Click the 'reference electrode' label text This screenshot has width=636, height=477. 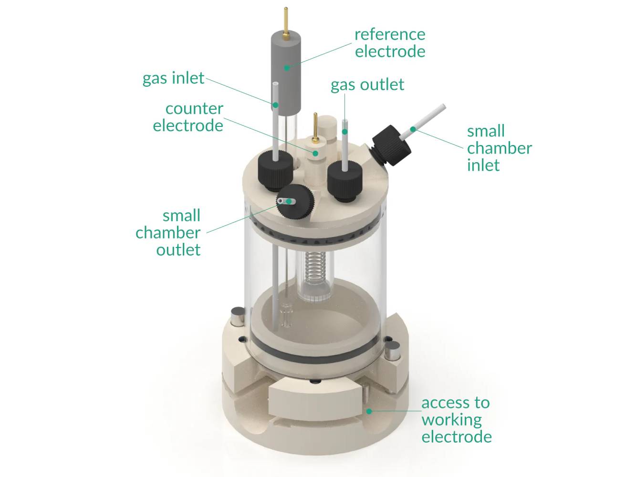pos(389,43)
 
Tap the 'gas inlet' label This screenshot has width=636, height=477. pos(173,78)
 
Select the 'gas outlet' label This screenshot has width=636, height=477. pos(367,85)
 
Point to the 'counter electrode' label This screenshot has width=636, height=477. pos(188,117)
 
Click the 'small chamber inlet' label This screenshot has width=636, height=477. pos(499,148)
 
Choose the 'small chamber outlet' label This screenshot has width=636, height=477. pos(168,233)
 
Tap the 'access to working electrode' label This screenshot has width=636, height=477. pos(456,420)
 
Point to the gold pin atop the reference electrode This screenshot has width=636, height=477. pos(285,21)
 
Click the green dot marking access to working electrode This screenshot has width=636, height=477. pos(368,410)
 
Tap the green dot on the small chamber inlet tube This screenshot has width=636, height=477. pos(413,129)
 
